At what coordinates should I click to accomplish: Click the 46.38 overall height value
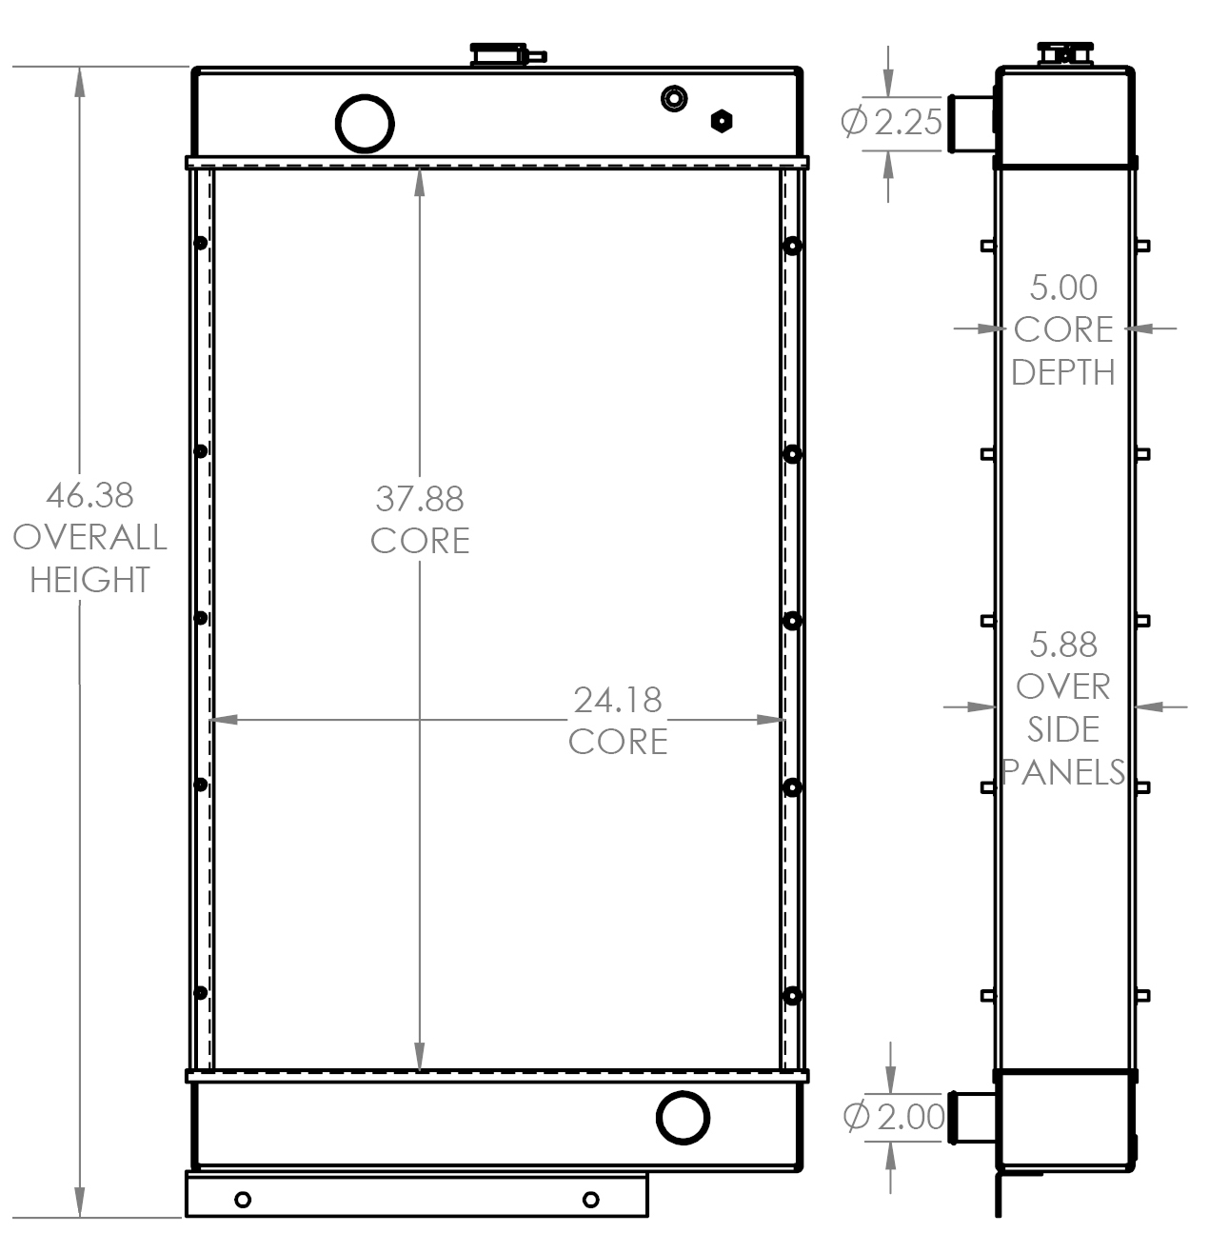click(x=89, y=495)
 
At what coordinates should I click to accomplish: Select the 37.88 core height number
click(x=419, y=498)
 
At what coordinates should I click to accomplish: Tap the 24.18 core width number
click(x=617, y=700)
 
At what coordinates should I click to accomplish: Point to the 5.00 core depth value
click(x=1063, y=288)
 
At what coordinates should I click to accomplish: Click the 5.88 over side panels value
click(x=1063, y=645)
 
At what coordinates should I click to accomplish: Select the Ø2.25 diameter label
click(x=892, y=122)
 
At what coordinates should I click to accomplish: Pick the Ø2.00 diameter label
click(x=894, y=1117)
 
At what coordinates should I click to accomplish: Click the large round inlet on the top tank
click(x=365, y=123)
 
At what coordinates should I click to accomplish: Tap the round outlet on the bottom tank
click(x=683, y=1117)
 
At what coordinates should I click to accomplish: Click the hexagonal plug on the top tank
click(x=722, y=121)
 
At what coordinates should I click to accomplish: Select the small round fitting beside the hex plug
click(x=674, y=98)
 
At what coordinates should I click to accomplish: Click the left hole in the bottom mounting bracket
click(x=242, y=1199)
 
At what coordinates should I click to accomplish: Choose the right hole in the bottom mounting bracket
click(x=590, y=1199)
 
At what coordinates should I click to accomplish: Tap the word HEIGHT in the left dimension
click(x=89, y=579)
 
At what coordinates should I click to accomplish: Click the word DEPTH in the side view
click(x=1063, y=372)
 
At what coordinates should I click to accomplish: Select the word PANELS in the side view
click(x=1063, y=771)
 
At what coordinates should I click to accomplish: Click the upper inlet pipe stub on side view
click(x=968, y=123)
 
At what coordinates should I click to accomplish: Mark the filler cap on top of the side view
click(x=1062, y=53)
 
